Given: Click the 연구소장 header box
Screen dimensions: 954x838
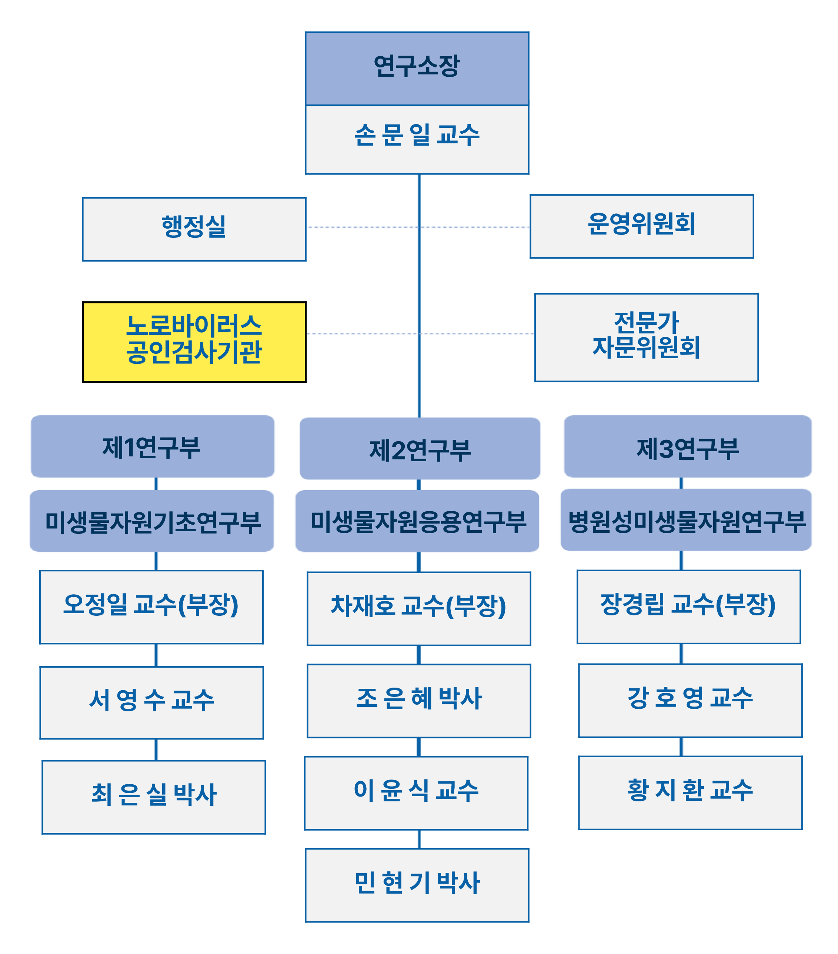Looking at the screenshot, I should tap(417, 68).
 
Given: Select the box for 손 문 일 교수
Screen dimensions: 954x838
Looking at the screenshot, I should tap(417, 139).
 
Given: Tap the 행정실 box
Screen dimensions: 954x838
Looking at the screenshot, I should tap(194, 229).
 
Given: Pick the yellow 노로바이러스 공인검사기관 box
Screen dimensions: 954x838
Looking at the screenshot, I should tap(194, 342).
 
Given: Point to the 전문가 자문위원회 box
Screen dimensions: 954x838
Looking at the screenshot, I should tap(646, 337).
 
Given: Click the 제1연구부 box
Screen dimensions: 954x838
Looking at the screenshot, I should tap(152, 446).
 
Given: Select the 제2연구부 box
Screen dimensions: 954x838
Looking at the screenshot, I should tap(420, 448).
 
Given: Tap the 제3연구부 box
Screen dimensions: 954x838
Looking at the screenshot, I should tap(687, 446).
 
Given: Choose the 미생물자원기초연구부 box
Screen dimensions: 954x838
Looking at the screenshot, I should tap(152, 521).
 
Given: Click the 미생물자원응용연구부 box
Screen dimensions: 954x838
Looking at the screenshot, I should tap(417, 521).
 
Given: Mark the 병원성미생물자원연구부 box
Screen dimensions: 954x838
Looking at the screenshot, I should tap(685, 519).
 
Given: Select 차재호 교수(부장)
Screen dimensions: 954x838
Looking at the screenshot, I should tap(418, 608).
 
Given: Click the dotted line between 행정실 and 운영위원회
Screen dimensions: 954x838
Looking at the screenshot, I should tap(364, 227).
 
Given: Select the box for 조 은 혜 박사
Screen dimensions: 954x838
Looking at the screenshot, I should tap(418, 701).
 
